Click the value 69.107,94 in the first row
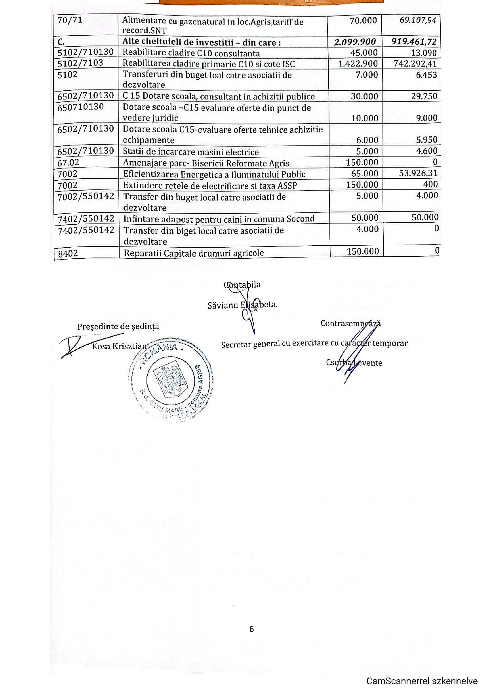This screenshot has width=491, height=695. (418, 20)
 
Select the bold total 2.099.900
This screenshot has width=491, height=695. (355, 42)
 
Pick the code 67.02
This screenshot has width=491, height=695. (68, 162)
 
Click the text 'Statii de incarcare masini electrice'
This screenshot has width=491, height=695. (190, 152)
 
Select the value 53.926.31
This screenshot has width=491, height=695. (418, 173)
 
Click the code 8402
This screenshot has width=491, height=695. (68, 254)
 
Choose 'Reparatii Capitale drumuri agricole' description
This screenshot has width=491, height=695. (194, 253)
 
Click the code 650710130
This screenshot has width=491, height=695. (81, 107)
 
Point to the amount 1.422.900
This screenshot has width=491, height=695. (358, 64)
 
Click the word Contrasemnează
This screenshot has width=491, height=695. (350, 323)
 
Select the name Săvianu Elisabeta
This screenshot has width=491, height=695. (242, 305)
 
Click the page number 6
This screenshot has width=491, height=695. (251, 629)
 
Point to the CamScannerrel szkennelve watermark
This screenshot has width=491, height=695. (422, 681)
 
